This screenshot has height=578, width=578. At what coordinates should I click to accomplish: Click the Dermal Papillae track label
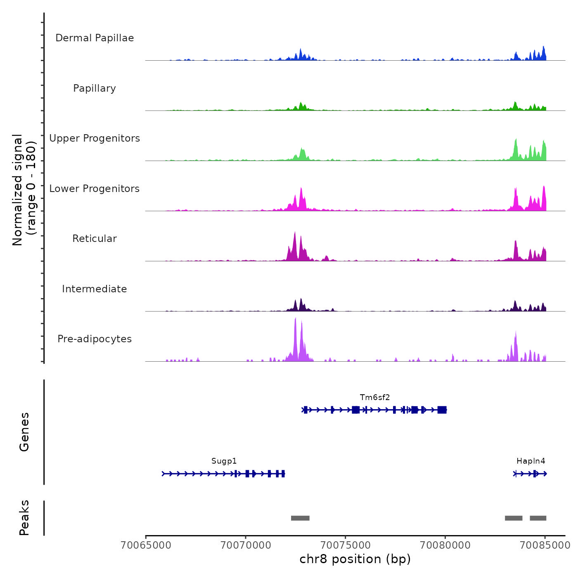point(95,38)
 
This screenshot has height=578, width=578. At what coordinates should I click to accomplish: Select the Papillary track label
point(95,88)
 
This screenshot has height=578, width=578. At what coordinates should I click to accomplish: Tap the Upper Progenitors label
point(95,138)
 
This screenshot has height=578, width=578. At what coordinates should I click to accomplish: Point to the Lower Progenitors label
point(95,189)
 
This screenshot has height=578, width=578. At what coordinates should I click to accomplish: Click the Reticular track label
point(95,239)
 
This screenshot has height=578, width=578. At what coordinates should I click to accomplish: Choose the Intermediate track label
point(95,289)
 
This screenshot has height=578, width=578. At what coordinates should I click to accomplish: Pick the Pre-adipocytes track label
point(95,339)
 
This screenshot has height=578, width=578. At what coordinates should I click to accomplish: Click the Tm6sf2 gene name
point(375,398)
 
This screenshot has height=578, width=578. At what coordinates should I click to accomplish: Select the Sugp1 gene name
point(224,461)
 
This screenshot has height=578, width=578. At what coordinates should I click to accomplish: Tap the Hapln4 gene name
point(531,461)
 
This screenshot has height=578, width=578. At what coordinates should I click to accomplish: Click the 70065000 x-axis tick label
point(146,545)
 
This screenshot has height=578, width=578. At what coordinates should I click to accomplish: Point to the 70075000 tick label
point(346,545)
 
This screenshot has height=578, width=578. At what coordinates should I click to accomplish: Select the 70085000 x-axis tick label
point(545,545)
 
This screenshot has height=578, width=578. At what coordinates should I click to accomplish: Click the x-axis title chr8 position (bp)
point(355,559)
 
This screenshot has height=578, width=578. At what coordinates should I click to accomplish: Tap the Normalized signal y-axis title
point(24,190)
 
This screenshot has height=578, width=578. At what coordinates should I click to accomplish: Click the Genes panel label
point(24,432)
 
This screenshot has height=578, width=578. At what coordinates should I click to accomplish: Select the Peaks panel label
point(24,518)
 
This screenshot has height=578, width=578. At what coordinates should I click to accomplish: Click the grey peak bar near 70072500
point(300,518)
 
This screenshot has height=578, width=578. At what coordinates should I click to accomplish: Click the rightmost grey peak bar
point(538,518)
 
